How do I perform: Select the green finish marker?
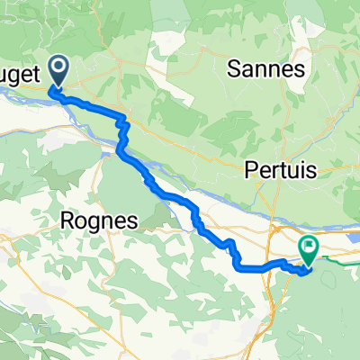[x=310, y=247]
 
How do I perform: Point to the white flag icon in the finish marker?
[x=310, y=244]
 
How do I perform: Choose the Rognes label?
[x=95, y=220]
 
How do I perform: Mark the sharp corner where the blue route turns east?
[x=241, y=267]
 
